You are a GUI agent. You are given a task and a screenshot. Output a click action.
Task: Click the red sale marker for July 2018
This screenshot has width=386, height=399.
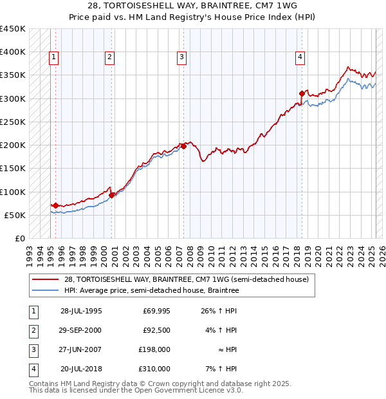[x=302, y=93]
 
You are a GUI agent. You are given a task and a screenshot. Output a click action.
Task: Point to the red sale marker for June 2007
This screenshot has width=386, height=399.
[x=184, y=146]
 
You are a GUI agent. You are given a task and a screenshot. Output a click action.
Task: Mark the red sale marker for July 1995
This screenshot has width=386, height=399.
[x=55, y=205]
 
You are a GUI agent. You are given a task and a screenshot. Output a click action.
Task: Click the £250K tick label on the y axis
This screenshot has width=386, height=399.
[x=13, y=122]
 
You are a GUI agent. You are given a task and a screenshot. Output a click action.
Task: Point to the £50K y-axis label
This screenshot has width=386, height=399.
[x=15, y=215]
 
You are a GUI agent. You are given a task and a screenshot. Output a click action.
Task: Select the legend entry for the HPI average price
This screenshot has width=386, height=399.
[x=151, y=291]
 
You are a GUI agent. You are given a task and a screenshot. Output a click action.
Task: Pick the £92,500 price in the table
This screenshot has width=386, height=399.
[x=157, y=330]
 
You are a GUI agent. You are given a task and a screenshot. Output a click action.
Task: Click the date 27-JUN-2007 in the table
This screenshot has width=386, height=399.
[x=82, y=349]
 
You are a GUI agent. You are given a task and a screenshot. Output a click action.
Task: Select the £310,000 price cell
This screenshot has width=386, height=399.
[x=155, y=369]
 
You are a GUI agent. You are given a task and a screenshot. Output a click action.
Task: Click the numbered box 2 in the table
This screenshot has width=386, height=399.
[x=33, y=330]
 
